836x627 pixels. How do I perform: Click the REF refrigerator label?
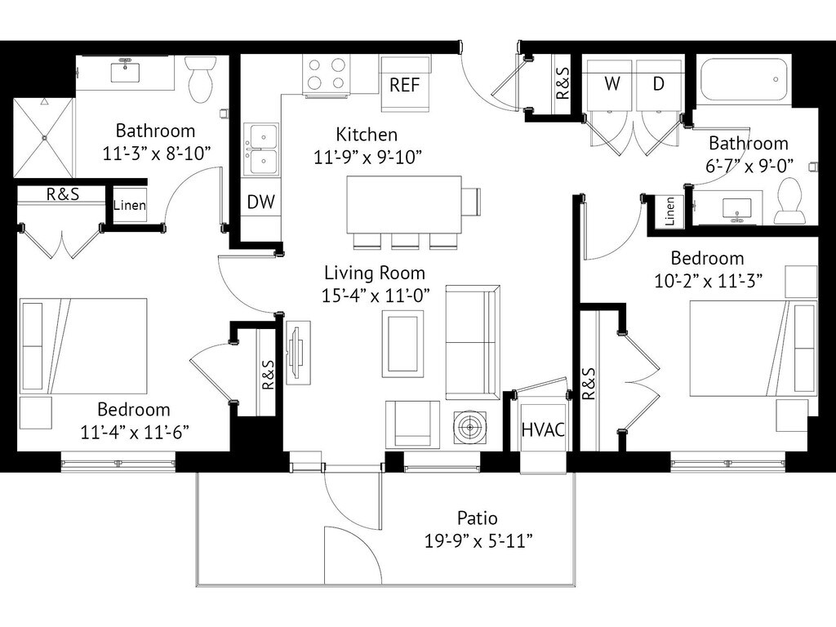point(405,85)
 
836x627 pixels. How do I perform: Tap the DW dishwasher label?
point(260,202)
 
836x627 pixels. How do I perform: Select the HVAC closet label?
point(543,429)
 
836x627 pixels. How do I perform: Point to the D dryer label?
point(657,83)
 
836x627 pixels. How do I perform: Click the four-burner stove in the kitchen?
point(327,75)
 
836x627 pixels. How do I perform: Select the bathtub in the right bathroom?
point(744,79)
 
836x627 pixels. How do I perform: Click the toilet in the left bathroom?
point(200,79)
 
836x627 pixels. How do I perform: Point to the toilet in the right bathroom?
point(790,202)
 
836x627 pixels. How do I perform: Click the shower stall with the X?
point(43,138)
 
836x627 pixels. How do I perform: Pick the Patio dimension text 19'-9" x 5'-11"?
point(477,540)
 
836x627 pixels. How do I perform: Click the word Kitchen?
point(367,135)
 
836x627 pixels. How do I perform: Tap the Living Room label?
point(374,273)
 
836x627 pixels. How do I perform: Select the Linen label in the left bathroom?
point(129,206)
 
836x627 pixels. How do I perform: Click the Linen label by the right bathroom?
point(670,211)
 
